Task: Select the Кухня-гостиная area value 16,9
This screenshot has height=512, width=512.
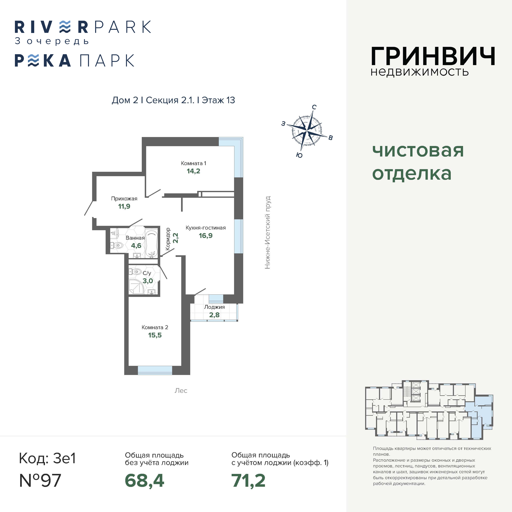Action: [x=206, y=236]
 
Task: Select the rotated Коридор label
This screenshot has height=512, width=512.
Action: [x=168, y=239]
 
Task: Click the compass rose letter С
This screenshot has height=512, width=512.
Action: [x=314, y=107]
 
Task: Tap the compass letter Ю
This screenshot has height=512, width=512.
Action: [x=299, y=155]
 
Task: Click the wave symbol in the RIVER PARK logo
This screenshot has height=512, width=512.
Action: [x=65, y=27]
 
